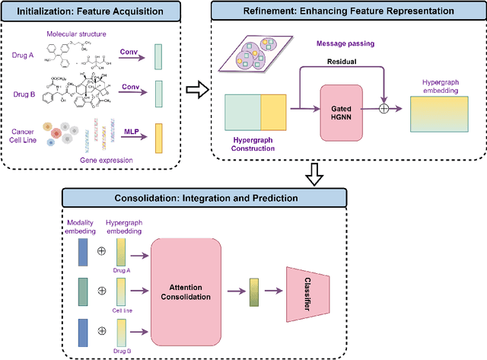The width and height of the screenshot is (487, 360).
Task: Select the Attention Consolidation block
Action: (186, 292)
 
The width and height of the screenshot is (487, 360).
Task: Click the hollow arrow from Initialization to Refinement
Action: (196, 92)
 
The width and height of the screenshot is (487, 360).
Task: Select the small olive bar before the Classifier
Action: (255, 292)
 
